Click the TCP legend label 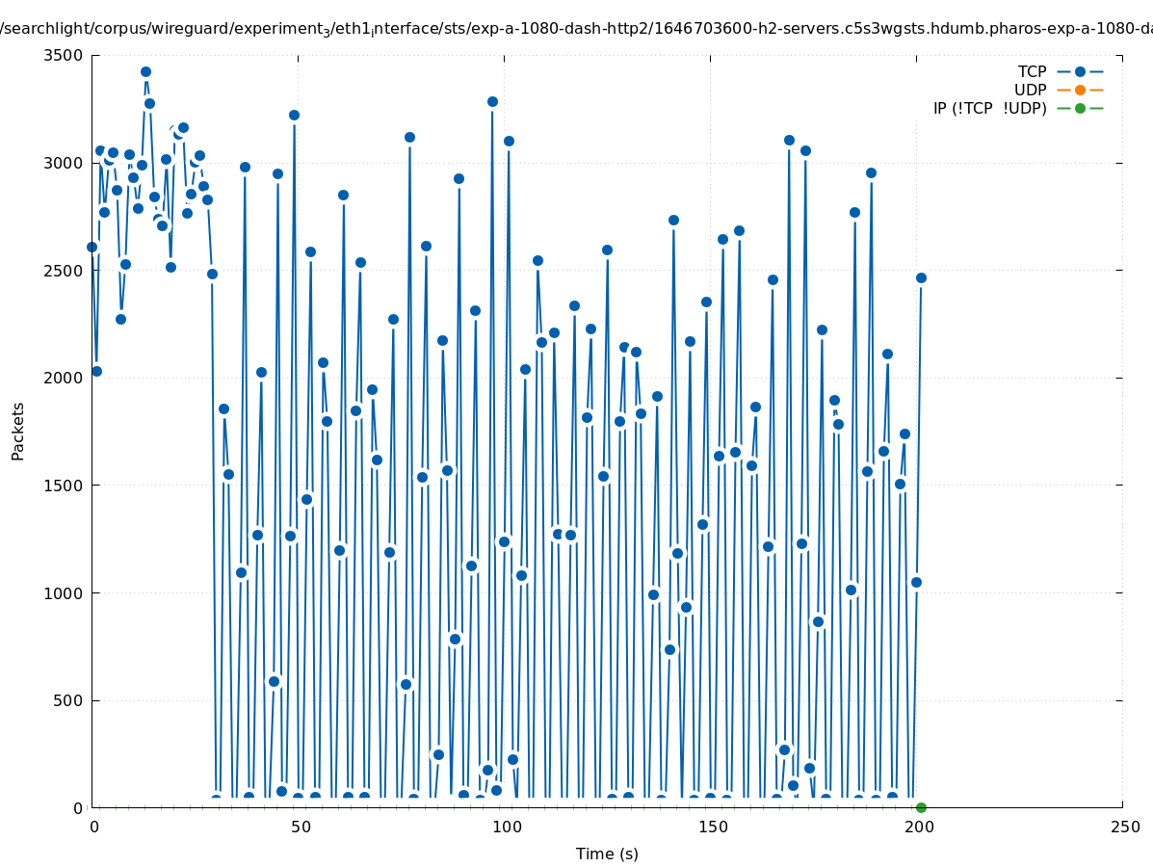[x=1032, y=72]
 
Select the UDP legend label [x=1030, y=91]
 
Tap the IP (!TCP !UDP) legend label [x=989, y=109]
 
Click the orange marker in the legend [x=1080, y=91]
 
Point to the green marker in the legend [x=1080, y=109]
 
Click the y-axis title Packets [x=18, y=431]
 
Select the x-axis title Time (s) [x=607, y=854]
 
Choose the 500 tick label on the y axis [x=69, y=701]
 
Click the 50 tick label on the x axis [x=298, y=828]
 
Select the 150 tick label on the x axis [x=710, y=828]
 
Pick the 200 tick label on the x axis [x=916, y=828]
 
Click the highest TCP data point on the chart [x=145, y=72]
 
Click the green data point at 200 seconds [x=921, y=807]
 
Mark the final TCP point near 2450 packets [x=921, y=277]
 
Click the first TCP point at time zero [x=92, y=247]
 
